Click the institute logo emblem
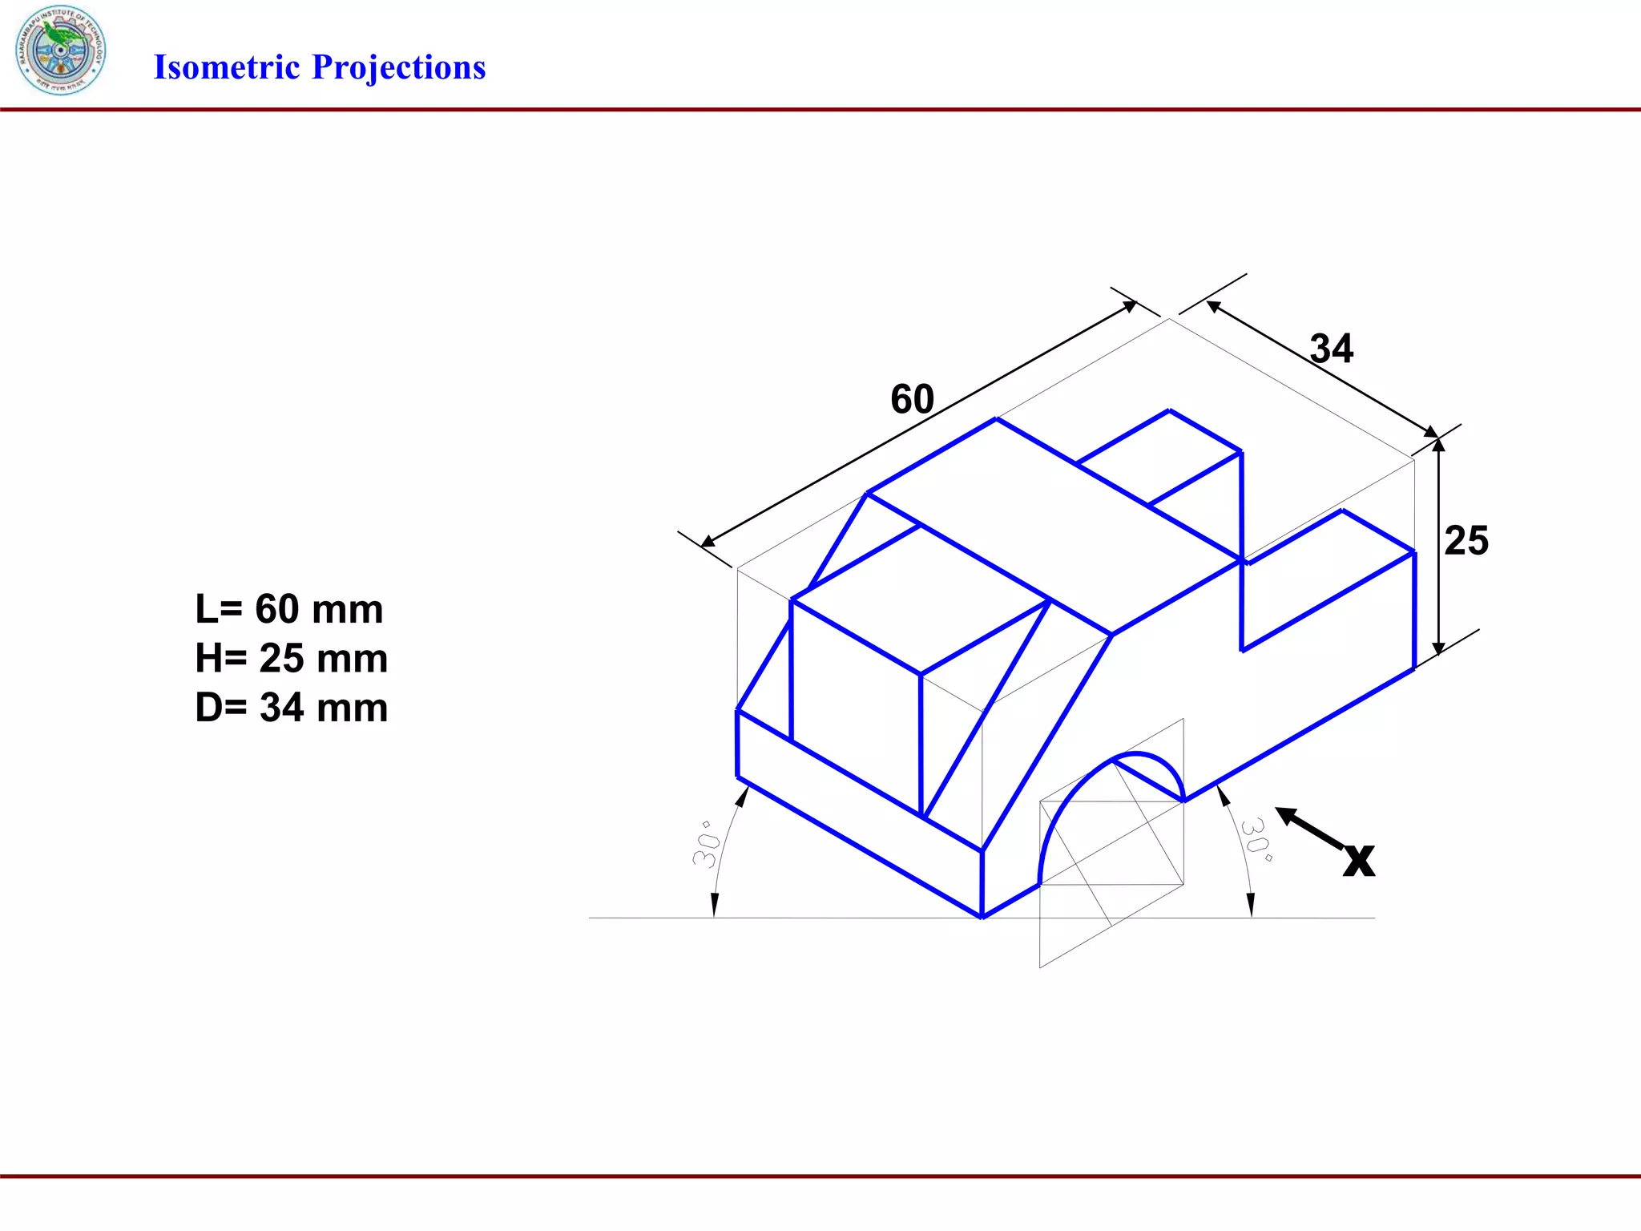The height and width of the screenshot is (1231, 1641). point(60,50)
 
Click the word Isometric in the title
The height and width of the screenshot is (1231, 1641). point(226,67)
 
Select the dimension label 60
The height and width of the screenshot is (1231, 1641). point(912,399)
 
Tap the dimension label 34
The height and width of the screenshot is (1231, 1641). point(1331,349)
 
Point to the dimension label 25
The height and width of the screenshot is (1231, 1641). point(1466,540)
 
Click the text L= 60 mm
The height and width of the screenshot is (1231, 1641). point(289,609)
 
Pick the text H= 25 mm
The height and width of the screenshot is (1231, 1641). point(291,658)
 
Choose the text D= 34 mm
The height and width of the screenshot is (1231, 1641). point(291,708)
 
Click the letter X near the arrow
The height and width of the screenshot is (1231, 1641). point(1359,861)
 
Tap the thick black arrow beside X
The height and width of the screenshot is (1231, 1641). point(1308,828)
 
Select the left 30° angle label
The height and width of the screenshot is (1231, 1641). point(707,844)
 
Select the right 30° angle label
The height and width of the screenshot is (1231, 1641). point(1256,839)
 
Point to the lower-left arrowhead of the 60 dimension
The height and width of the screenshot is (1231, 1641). point(708,543)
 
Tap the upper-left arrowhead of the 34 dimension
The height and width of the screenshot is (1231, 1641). point(1213,305)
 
